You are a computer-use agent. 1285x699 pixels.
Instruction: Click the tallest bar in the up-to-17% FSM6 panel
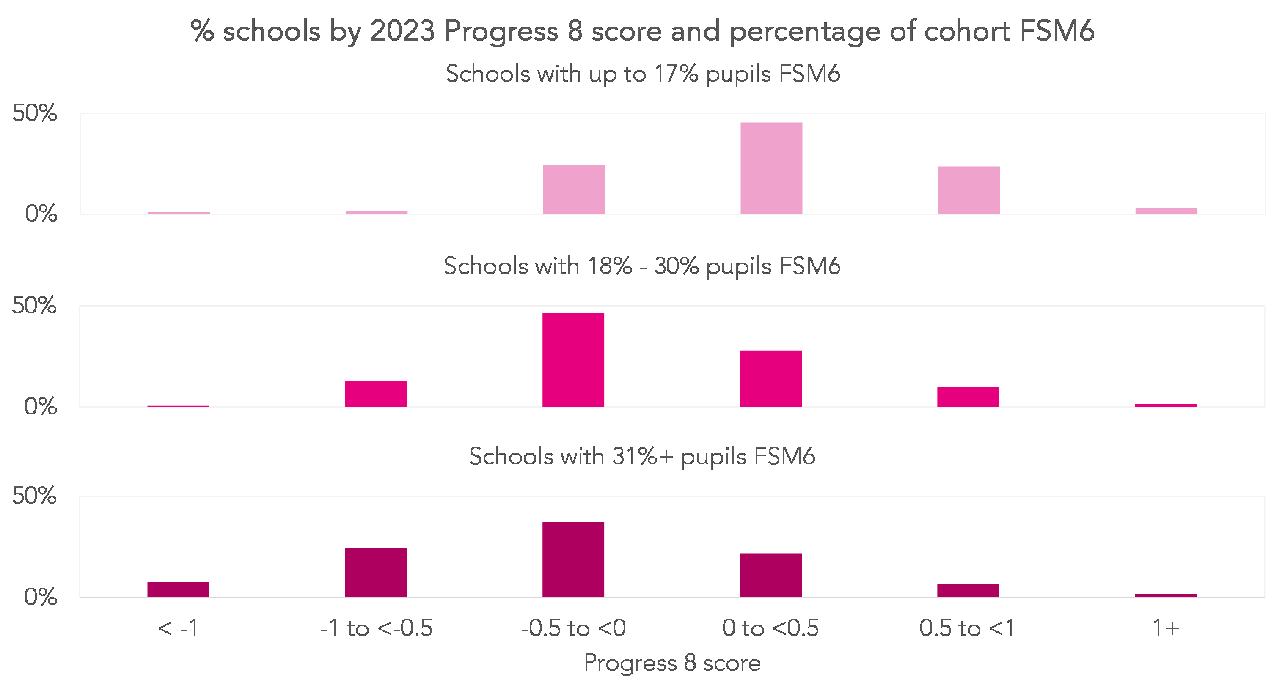tap(771, 169)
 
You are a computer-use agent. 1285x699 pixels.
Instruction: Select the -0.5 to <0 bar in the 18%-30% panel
tap(573, 360)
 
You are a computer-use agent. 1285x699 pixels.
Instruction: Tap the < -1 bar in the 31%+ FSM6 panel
tap(178, 589)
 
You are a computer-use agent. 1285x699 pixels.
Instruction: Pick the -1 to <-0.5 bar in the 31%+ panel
tap(376, 573)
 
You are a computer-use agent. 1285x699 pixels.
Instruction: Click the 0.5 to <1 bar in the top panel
tap(969, 190)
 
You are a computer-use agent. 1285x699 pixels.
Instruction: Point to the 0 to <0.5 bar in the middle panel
tap(770, 379)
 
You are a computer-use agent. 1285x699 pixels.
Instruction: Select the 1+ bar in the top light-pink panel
tap(1166, 211)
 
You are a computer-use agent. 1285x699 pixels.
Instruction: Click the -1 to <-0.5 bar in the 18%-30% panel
tap(376, 394)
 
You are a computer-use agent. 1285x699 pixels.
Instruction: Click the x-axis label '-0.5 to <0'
tap(574, 628)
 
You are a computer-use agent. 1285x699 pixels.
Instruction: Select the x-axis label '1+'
tap(1166, 628)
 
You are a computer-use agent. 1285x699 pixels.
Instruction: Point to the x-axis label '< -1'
tap(178, 628)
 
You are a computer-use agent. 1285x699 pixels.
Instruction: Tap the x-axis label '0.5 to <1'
tap(968, 628)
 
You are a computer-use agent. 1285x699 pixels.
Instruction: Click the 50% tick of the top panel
tap(35, 113)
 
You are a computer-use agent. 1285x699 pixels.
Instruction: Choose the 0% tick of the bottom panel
tap(40, 597)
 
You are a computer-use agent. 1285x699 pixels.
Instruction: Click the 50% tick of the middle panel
tap(34, 305)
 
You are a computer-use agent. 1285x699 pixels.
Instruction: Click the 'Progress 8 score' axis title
tap(672, 663)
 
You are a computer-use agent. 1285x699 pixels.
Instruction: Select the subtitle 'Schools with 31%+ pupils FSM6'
tap(642, 456)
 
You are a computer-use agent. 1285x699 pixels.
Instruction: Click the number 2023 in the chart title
tap(402, 31)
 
